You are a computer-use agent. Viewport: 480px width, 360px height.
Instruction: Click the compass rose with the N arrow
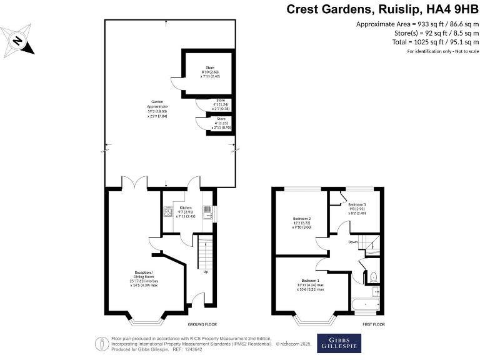click(19, 42)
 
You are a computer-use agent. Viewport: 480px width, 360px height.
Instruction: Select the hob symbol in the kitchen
click(167, 212)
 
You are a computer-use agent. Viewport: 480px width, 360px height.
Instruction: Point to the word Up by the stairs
click(205, 272)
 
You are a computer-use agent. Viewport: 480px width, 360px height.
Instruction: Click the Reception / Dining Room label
click(143, 277)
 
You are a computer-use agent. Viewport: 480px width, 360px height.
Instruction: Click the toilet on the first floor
click(372, 275)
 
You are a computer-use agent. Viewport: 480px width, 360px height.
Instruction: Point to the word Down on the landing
click(353, 242)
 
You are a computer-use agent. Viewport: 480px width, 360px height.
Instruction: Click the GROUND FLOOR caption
click(202, 325)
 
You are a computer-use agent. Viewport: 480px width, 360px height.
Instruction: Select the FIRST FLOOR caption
click(373, 325)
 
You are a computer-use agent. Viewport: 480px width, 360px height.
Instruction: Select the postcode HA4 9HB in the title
click(450, 9)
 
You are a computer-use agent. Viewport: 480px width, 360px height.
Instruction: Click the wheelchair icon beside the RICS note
click(101, 342)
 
